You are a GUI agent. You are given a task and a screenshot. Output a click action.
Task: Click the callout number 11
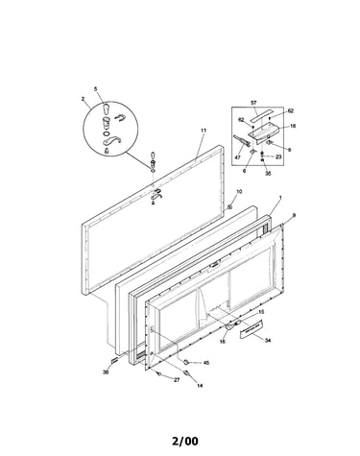click(204, 131)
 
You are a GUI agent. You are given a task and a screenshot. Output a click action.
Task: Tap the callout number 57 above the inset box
click(253, 103)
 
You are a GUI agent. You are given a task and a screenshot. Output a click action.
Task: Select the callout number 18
click(293, 126)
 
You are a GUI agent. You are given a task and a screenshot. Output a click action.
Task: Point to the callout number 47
click(238, 157)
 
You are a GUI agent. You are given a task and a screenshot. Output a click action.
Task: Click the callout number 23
click(278, 156)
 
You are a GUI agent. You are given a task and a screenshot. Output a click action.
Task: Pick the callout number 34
click(268, 341)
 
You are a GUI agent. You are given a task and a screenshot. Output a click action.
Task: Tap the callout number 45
click(206, 363)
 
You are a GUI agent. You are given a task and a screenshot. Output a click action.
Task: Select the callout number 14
click(200, 386)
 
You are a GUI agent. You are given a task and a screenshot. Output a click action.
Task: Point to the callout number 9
click(294, 215)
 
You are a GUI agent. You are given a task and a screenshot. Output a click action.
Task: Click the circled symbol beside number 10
click(229, 207)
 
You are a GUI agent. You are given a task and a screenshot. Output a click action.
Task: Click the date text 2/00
click(185, 442)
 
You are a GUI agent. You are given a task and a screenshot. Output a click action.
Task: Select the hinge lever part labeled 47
click(242, 141)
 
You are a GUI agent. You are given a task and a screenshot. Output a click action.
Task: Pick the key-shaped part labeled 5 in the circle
click(107, 108)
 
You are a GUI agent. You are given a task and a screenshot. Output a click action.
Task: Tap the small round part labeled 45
click(185, 362)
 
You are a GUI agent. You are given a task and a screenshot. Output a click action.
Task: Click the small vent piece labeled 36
click(114, 361)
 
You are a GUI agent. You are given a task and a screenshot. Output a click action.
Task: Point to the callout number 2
click(83, 99)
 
